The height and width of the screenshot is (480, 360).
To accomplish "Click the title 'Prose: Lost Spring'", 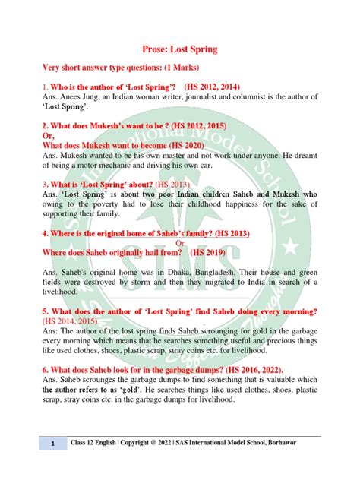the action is [180, 49].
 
